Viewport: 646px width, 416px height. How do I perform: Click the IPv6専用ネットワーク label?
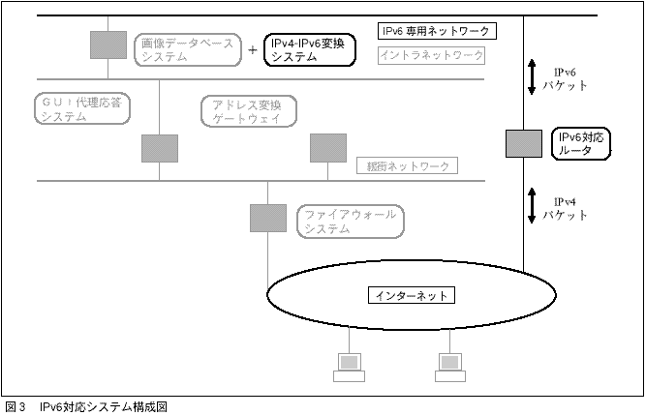[x=437, y=31]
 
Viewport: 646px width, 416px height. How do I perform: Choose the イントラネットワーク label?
[x=430, y=56]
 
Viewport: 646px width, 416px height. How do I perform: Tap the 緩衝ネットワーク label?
[x=405, y=165]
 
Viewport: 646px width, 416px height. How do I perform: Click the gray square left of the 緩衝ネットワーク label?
[x=327, y=147]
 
